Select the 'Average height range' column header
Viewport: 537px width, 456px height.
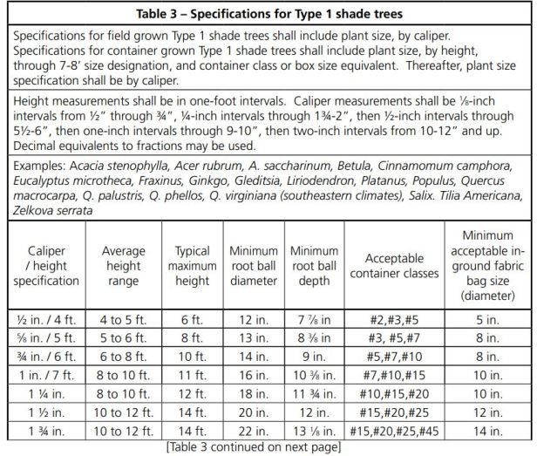(x=123, y=266)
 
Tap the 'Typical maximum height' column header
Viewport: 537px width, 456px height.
(x=193, y=266)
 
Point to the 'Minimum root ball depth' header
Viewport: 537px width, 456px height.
(x=314, y=266)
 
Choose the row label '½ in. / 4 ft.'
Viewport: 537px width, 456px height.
(x=41, y=319)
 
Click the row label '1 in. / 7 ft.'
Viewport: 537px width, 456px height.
(x=41, y=376)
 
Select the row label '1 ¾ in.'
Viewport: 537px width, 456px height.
(x=41, y=432)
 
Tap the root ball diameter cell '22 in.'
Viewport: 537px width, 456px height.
(x=253, y=432)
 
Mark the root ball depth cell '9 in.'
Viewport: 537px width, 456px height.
(x=314, y=357)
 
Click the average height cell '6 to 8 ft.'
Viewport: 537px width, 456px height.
(x=123, y=357)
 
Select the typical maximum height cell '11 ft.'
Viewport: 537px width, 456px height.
(x=193, y=376)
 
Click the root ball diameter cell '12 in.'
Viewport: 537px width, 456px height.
(x=253, y=319)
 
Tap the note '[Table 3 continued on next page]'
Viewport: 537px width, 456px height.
(x=265, y=447)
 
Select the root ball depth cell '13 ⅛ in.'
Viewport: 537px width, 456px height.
(x=314, y=432)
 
